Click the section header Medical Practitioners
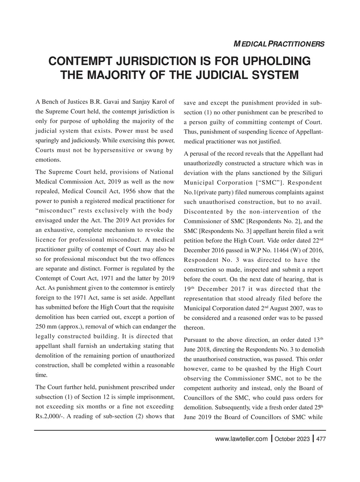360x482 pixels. tap(279, 44)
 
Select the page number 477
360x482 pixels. tap(321, 439)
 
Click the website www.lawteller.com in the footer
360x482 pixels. tap(241, 439)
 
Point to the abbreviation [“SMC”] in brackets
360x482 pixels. tap(272, 183)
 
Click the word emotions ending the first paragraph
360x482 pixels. tap(48, 160)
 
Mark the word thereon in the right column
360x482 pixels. tap(194, 328)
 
